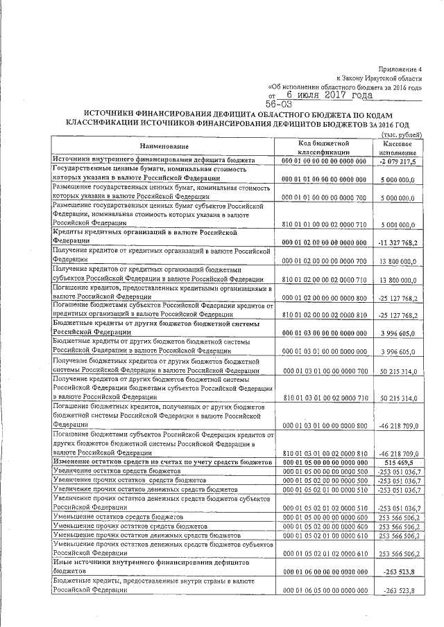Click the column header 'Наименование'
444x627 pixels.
pos(164,147)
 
